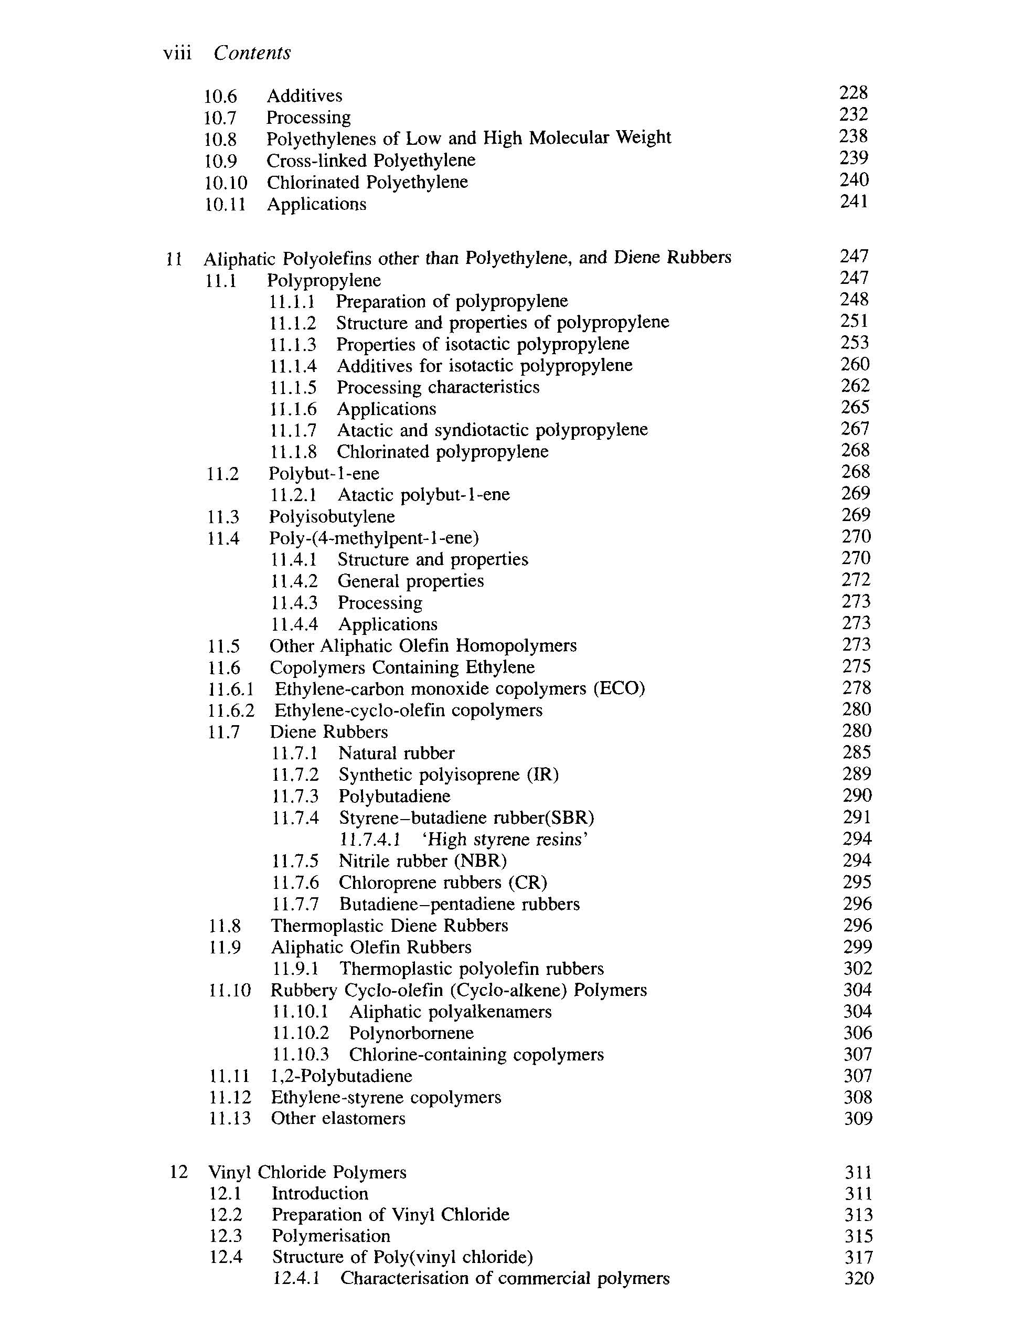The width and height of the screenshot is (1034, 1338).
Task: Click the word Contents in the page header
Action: (252, 54)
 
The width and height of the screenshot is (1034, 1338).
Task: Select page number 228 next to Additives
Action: (854, 93)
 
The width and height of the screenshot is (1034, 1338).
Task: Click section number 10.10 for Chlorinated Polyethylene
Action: (226, 183)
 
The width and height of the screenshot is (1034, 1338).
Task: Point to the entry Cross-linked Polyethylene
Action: (370, 161)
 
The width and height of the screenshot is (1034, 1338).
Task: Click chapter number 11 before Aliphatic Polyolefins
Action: (174, 259)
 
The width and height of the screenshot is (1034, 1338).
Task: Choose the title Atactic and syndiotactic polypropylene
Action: (492, 430)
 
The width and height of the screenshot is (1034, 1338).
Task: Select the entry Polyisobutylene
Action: (332, 517)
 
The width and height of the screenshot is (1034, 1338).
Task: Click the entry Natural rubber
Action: (396, 753)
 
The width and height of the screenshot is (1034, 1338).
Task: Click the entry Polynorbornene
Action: (411, 1033)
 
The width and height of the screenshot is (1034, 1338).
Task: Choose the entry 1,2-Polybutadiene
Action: (341, 1076)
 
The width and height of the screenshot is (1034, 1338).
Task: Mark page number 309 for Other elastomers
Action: (858, 1119)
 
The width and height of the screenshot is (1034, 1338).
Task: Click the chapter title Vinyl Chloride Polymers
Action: (307, 1173)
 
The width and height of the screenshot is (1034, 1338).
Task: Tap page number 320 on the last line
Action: (859, 1279)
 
